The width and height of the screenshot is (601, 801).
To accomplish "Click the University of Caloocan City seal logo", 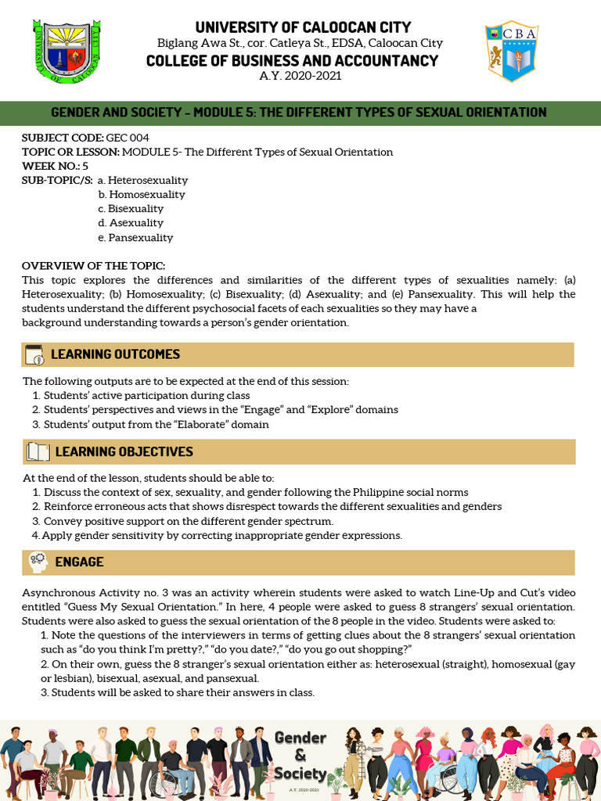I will coord(68,50).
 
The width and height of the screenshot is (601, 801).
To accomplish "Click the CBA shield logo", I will coord(511,51).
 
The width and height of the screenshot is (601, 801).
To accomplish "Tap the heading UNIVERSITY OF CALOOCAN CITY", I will coord(303,27).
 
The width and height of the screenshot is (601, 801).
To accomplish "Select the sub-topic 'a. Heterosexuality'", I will coord(142,180).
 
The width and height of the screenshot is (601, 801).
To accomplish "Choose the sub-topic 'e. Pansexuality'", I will coord(135,237).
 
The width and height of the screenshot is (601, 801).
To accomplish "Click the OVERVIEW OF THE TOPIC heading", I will coord(93,266).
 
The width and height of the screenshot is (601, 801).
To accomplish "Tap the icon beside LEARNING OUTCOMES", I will coord(35,354).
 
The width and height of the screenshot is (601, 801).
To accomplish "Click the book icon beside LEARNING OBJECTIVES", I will coord(38,451).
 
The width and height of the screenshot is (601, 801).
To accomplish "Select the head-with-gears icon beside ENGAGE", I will coord(38,562).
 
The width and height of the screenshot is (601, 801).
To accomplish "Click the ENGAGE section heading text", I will coord(79,562).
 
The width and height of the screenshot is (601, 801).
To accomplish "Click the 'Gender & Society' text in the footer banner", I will coord(300,756).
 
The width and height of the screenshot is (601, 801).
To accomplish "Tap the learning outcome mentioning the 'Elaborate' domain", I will coord(156,425).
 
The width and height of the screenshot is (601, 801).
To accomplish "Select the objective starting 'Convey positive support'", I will coord(188,521).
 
